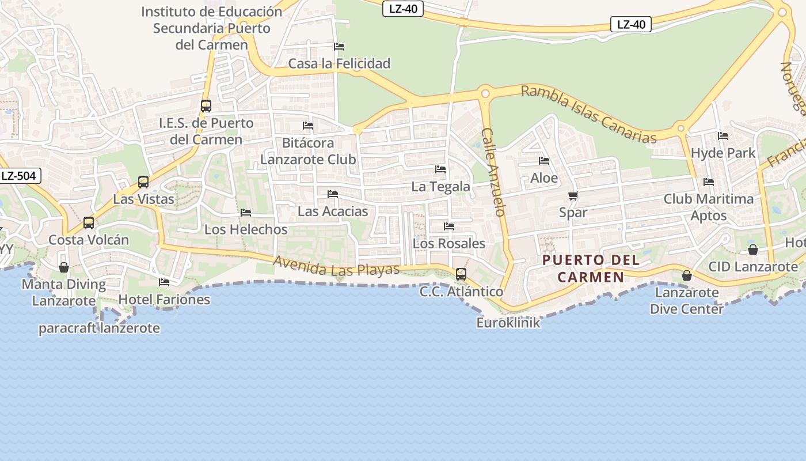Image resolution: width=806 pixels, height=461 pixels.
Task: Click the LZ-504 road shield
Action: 19,176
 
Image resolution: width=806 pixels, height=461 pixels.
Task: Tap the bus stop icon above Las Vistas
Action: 143,182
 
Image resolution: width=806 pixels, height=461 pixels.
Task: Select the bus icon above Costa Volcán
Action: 89,222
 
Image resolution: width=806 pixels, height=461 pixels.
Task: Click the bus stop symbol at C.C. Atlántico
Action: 461,274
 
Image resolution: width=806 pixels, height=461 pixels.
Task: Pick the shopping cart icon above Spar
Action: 573,196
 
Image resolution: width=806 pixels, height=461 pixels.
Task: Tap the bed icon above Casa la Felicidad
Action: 339,46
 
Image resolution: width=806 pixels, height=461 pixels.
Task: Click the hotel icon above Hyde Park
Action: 723,136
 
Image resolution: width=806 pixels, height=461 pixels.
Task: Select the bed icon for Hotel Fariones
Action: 164,282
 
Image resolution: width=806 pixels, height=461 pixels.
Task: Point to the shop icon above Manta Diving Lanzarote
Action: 64,267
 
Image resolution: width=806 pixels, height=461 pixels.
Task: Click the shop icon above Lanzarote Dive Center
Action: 686,275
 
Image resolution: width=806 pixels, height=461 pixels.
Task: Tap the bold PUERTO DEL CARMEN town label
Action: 591,269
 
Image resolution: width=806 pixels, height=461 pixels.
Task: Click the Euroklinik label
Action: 508,323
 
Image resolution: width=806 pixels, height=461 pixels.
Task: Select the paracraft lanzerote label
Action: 99,328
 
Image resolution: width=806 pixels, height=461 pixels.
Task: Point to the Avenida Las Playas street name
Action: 336,266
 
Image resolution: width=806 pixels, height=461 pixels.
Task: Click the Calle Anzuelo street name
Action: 493,172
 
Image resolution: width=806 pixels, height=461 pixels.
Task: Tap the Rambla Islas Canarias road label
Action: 588,114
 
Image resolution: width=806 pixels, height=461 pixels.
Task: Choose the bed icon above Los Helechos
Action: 246,213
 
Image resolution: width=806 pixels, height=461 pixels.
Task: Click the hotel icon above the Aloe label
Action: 544,161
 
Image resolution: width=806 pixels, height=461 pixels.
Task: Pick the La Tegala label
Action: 440,187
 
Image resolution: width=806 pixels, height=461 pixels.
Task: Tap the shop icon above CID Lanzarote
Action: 753,250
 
